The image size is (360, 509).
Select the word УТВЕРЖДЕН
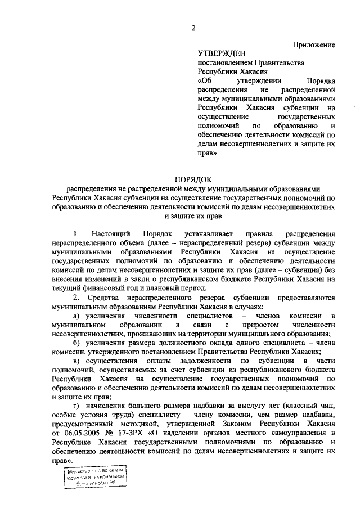222,53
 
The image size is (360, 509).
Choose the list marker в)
76,361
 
